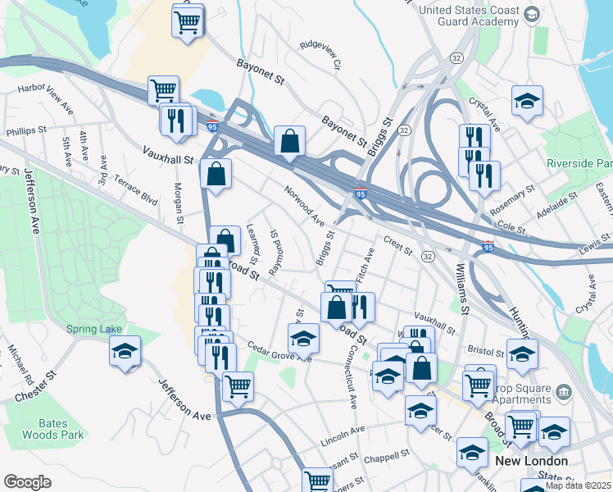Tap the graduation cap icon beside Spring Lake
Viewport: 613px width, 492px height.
tap(125, 352)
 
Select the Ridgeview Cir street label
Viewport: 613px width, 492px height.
tap(325, 54)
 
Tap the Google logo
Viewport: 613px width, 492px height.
tap(27, 481)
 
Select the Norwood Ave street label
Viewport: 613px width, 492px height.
tap(305, 206)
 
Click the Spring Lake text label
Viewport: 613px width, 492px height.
tap(93, 329)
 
